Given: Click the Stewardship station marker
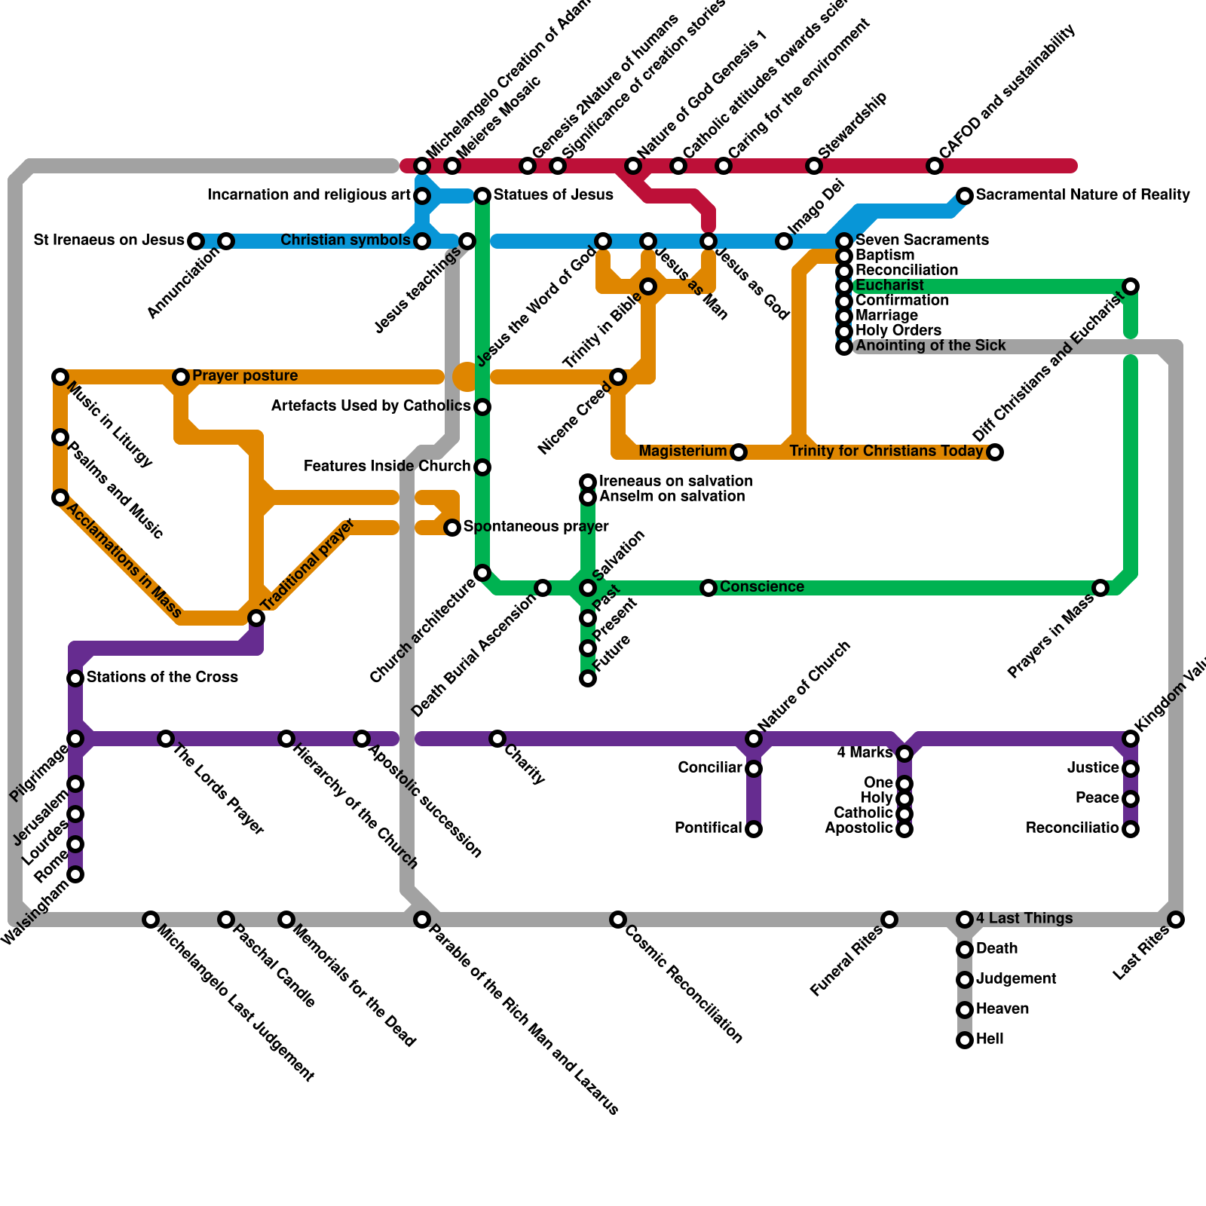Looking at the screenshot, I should coord(814,166).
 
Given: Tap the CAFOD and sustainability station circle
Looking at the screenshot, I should coord(935,166).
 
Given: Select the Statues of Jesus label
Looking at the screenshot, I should coord(553,195).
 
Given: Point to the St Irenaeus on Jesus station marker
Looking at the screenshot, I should coord(196,241).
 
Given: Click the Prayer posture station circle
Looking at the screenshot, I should coord(181,377).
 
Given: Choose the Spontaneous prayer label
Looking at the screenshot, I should coord(536,527).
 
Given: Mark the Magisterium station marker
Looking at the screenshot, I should coord(739,452).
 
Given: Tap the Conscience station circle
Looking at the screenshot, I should coord(709,588).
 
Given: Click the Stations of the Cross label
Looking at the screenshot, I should coord(162,678).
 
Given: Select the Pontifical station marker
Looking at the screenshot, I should coord(754,829).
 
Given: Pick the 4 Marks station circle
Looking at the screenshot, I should coord(904,754).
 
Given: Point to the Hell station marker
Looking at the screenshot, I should coord(965,1040).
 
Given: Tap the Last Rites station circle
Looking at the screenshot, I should coord(1176,920).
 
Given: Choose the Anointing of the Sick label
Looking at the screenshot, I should coord(931,346).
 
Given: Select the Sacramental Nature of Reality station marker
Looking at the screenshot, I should coord(965,196).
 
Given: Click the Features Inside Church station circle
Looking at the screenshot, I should coord(482,467).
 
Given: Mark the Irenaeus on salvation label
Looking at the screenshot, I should coord(675,482).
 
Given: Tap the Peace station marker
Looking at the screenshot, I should coord(1131,799).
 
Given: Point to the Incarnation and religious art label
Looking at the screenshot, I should coord(309,195).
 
